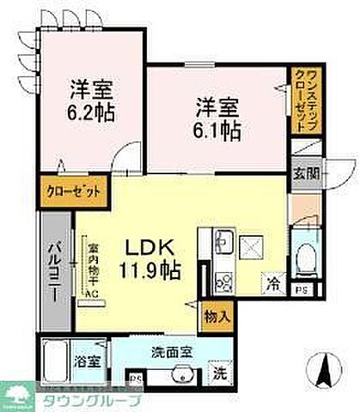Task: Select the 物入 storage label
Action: [216, 315]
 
